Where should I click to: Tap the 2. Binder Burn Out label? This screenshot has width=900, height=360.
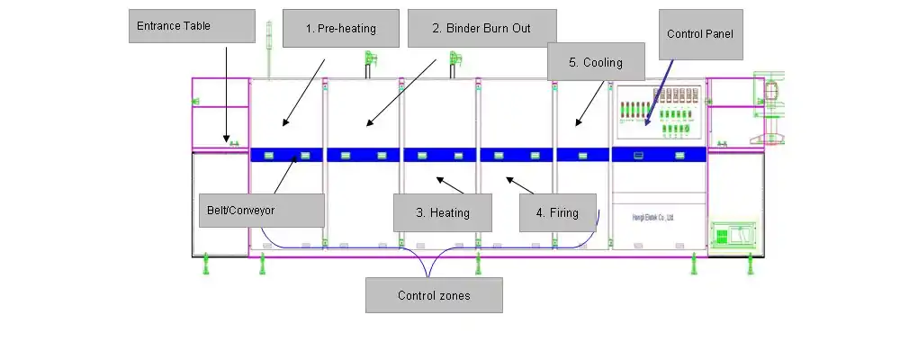481,28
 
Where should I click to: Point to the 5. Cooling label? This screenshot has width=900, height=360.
597,63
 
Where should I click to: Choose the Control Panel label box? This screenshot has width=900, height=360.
698,34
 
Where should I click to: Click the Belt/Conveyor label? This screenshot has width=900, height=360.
261,210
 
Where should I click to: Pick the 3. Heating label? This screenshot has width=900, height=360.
444,213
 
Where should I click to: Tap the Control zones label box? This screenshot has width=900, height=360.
433,295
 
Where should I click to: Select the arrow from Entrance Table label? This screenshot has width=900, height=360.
226,94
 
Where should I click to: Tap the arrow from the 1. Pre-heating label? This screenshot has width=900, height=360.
304,90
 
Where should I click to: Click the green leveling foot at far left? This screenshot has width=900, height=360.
207,264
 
